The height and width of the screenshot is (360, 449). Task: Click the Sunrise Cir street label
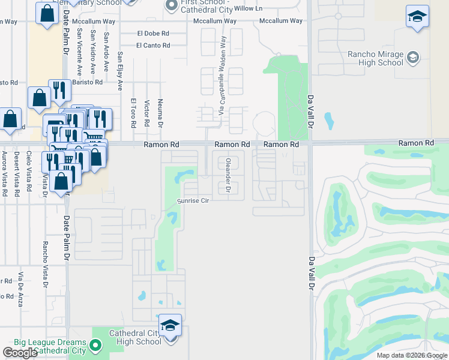pyautogui.click(x=192, y=201)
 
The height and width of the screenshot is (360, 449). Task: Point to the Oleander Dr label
pyautogui.click(x=228, y=175)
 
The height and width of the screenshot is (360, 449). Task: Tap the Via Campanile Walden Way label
pyautogui.click(x=222, y=76)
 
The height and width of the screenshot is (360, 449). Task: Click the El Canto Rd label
pyautogui.click(x=153, y=46)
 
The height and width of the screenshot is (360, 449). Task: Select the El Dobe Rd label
pyautogui.click(x=153, y=34)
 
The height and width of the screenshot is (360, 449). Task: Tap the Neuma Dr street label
pyautogui.click(x=160, y=113)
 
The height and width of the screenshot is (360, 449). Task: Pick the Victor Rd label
pyautogui.click(x=146, y=114)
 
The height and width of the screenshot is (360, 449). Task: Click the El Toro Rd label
pyautogui.click(x=133, y=113)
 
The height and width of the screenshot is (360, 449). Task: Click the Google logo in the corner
pyautogui.click(x=20, y=353)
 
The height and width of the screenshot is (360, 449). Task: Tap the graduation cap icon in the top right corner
pyautogui.click(x=417, y=16)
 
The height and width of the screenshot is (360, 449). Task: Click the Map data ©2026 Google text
pyautogui.click(x=412, y=355)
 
